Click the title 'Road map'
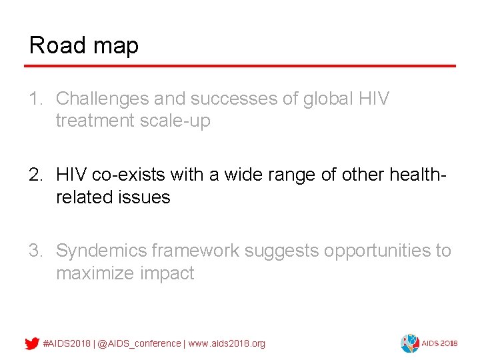point(84,45)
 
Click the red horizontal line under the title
point(240,66)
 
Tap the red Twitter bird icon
point(31,343)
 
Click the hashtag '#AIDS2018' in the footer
point(67,343)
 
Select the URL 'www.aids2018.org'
point(227,343)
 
